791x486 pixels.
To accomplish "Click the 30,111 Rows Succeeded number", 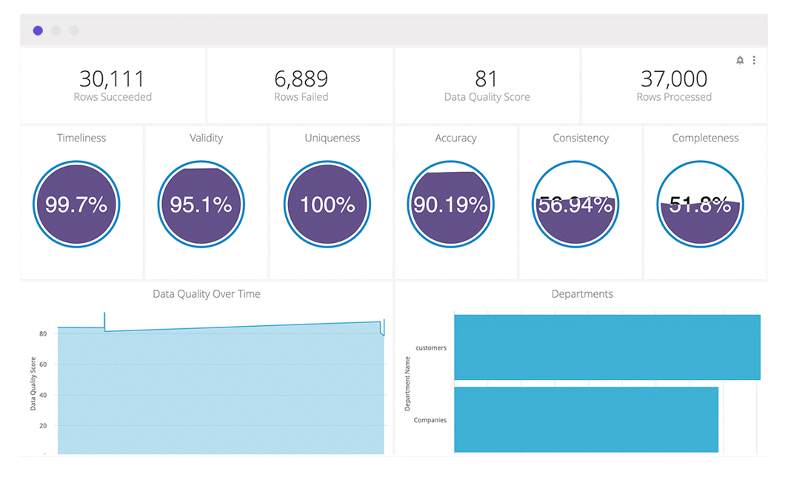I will (x=112, y=79).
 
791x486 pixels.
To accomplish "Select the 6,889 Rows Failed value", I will (x=301, y=79).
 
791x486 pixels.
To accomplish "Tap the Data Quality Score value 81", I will (x=487, y=79).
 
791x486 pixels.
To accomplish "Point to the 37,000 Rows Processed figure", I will (x=674, y=79).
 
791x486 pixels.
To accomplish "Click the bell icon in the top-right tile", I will (x=740, y=60).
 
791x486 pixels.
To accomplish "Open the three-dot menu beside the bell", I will (x=754, y=60).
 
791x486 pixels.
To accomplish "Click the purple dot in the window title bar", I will (x=38, y=30).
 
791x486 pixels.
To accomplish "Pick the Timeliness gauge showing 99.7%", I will (x=76, y=204).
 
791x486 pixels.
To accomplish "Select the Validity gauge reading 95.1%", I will (x=201, y=204).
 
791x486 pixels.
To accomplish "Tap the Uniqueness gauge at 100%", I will (x=327, y=204).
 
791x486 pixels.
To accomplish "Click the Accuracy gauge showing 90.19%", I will (x=450, y=204).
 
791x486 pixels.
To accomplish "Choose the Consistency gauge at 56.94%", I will (x=575, y=204).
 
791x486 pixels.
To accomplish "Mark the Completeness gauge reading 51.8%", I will (x=700, y=204).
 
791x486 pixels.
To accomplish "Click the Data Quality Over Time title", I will (x=207, y=294).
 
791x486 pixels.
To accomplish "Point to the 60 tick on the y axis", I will (x=43, y=364).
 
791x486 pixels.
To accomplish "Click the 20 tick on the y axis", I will (x=43, y=426).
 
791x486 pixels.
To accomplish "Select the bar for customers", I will (x=607, y=347).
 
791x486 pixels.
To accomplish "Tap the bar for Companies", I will (x=586, y=419).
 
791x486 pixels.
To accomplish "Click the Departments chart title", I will (x=582, y=294).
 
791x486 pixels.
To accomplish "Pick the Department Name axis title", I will (x=407, y=384).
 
